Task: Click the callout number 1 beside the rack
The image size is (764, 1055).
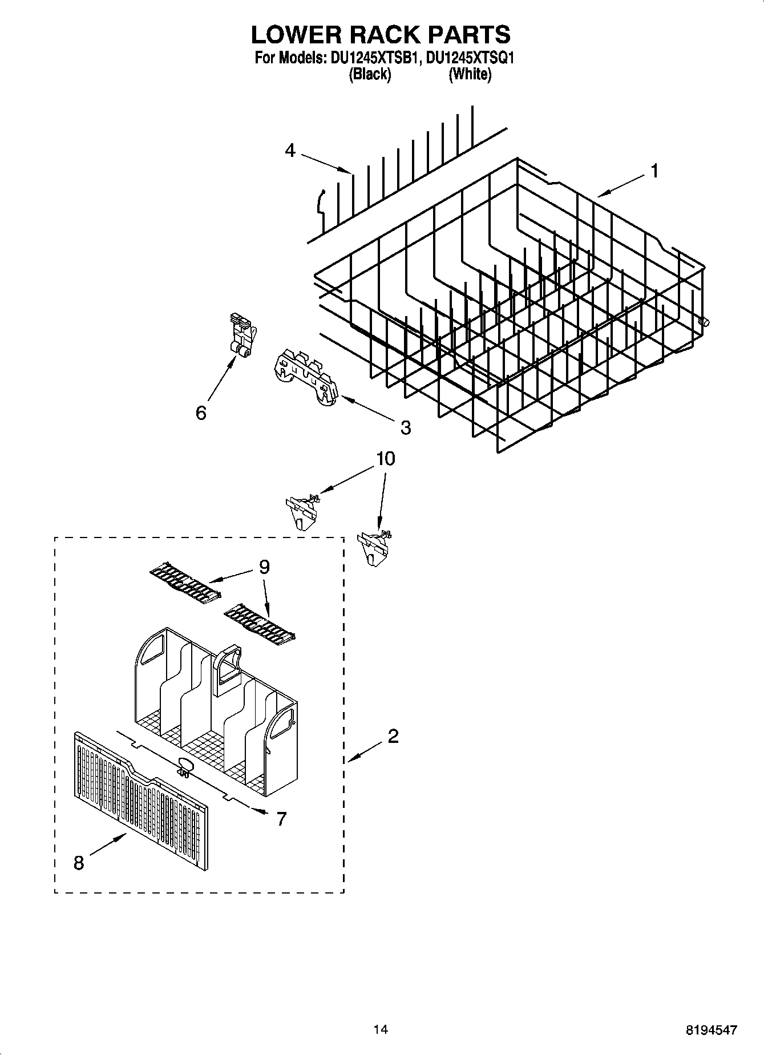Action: pyautogui.click(x=655, y=171)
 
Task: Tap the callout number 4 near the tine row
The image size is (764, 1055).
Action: pyautogui.click(x=290, y=151)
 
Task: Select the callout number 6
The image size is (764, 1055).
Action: pyautogui.click(x=201, y=413)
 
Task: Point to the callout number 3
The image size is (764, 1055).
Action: pyautogui.click(x=405, y=427)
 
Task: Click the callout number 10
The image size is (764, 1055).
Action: pyautogui.click(x=386, y=459)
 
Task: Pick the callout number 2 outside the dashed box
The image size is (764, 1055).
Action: pyautogui.click(x=393, y=737)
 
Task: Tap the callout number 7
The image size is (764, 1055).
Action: pyautogui.click(x=281, y=819)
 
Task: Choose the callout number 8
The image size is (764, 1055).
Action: pyautogui.click(x=79, y=863)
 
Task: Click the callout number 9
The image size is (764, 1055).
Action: pyautogui.click(x=264, y=567)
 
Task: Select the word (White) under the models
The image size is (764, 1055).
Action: pyautogui.click(x=470, y=74)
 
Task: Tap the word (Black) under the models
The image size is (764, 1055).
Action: pyautogui.click(x=369, y=74)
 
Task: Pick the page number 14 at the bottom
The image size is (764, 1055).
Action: pyautogui.click(x=381, y=1029)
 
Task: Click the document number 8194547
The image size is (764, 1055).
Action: pyautogui.click(x=711, y=1030)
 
